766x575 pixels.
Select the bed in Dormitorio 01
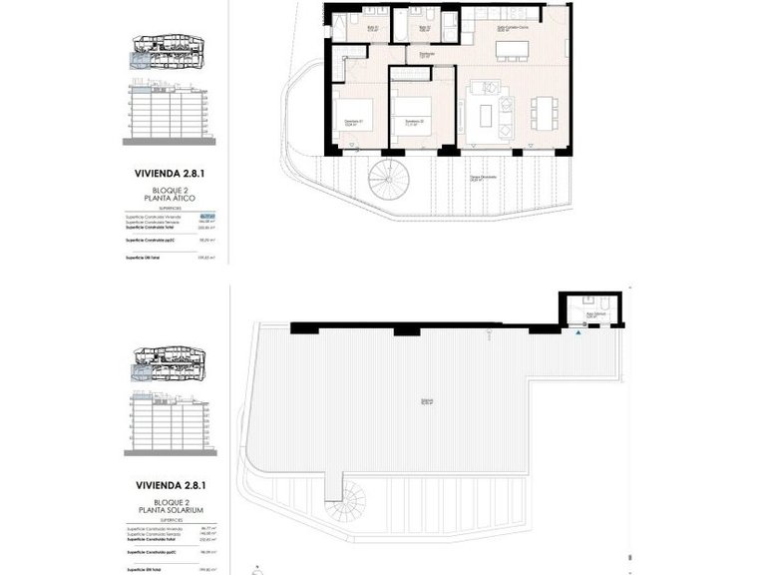pyautogui.click(x=354, y=119)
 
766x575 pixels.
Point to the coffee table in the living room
pyautogui.click(x=486, y=115)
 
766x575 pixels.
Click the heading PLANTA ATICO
pyautogui.click(x=167, y=199)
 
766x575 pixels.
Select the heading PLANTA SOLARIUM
pyautogui.click(x=167, y=510)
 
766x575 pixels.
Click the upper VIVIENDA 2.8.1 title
pyautogui.click(x=167, y=172)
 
